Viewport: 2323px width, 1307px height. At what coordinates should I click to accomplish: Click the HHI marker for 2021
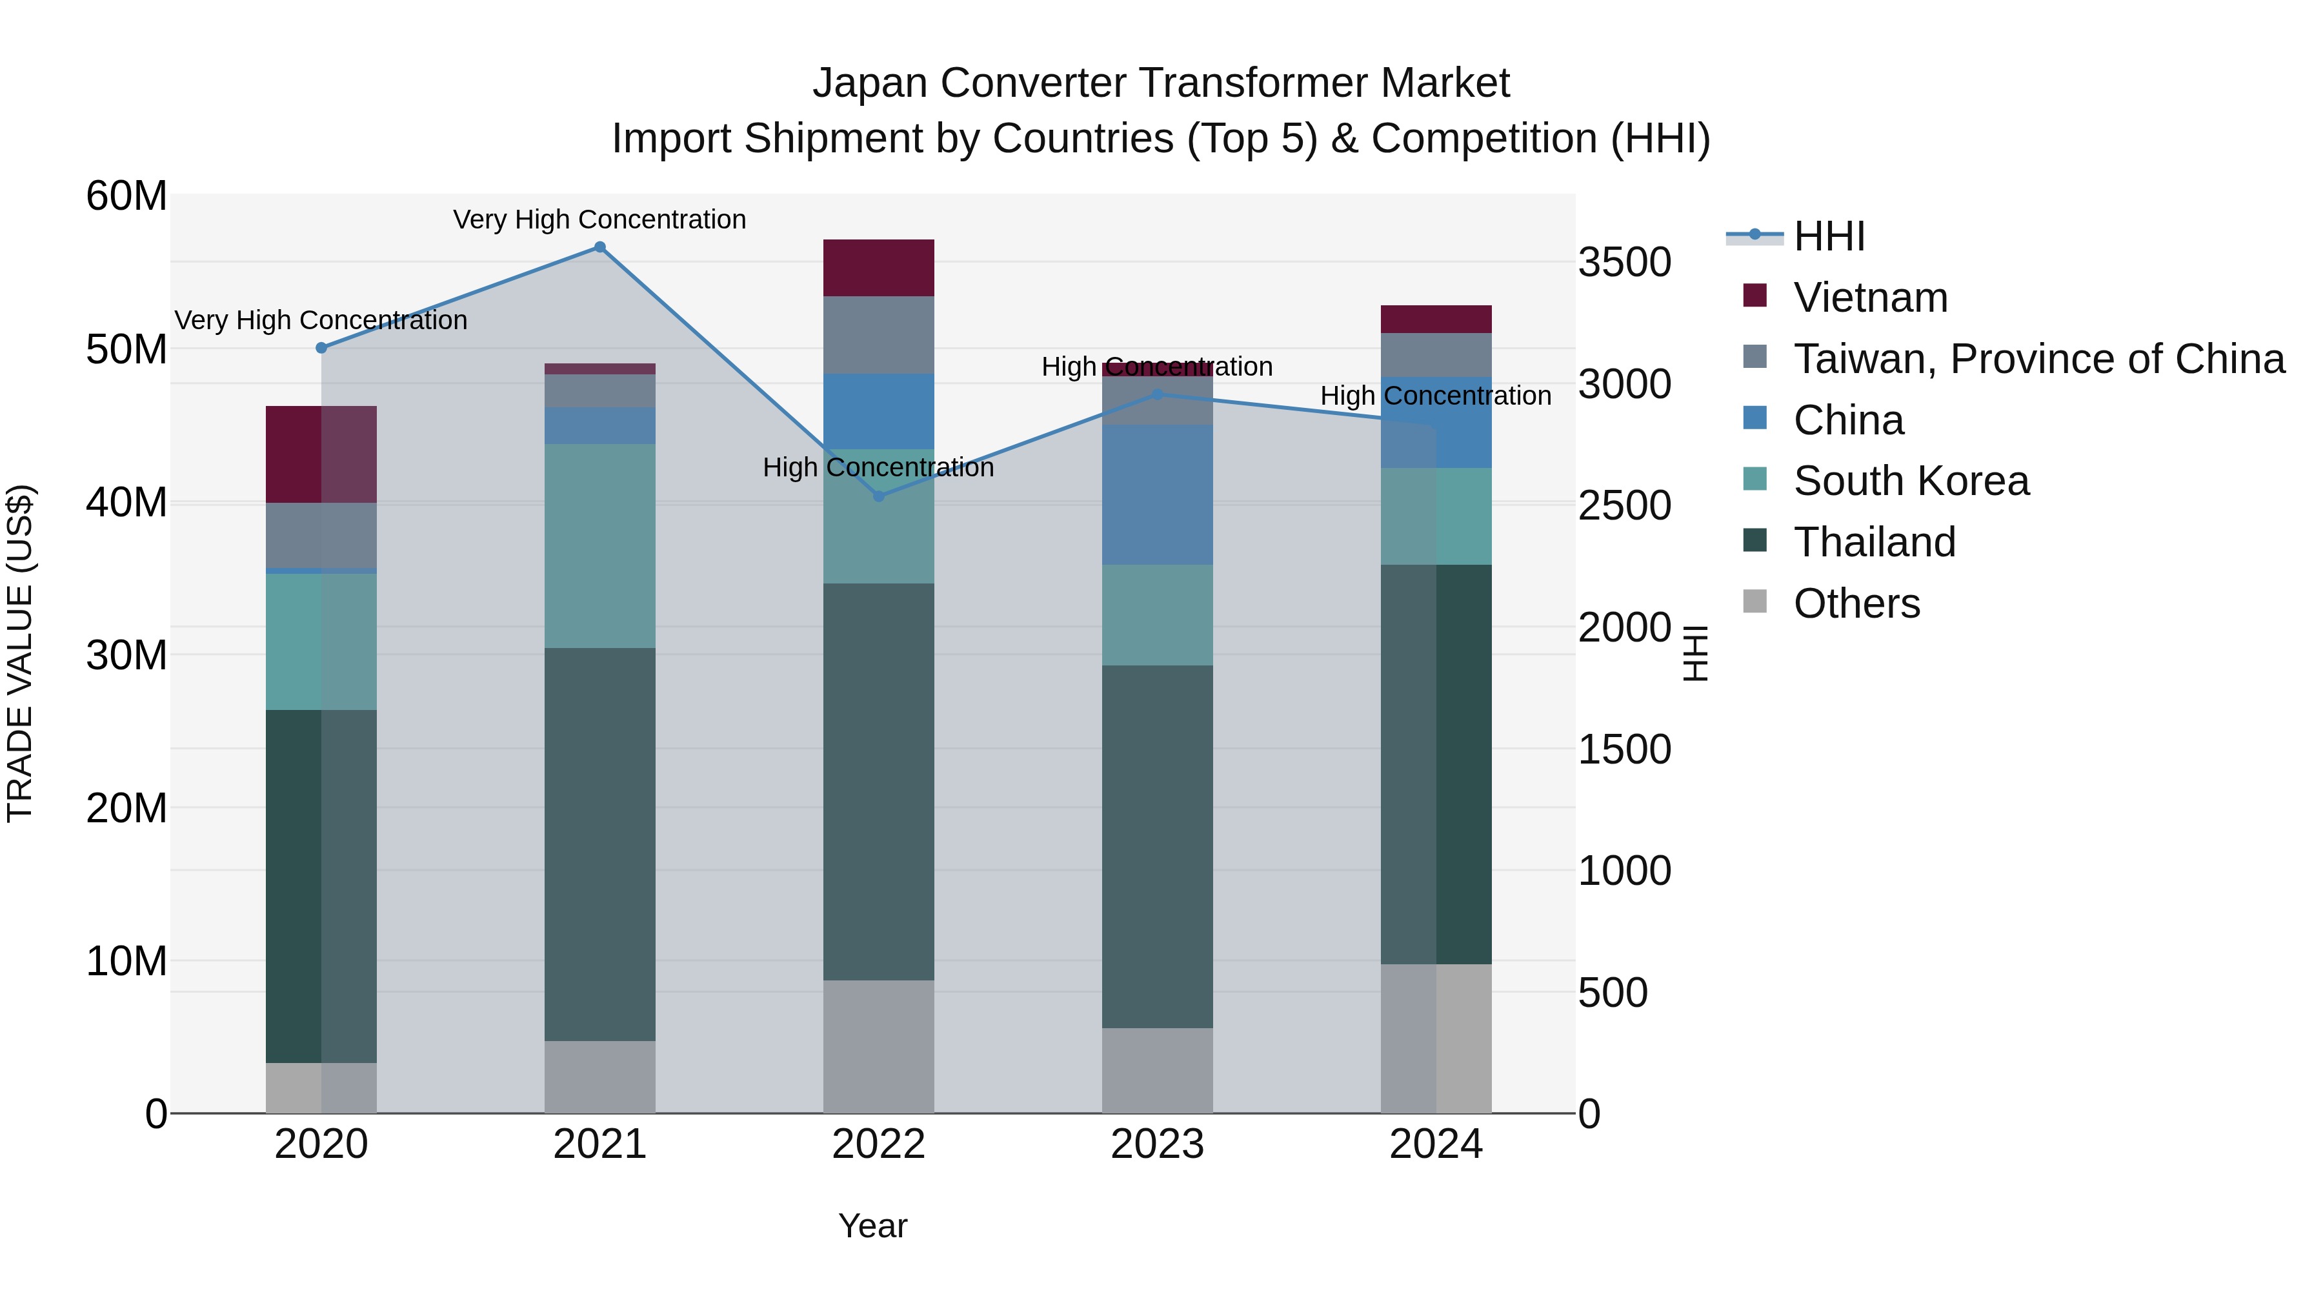[x=599, y=247]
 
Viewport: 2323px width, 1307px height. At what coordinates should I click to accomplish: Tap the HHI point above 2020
[x=321, y=348]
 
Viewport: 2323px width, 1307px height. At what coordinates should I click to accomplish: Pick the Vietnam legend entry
[x=1870, y=298]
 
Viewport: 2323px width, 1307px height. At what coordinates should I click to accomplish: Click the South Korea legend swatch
[x=1755, y=480]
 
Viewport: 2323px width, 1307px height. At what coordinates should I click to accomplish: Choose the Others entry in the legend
[x=1856, y=603]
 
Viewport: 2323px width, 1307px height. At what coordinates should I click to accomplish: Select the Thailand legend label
[x=1875, y=542]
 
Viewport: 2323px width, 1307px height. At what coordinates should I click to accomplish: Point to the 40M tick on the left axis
[x=126, y=502]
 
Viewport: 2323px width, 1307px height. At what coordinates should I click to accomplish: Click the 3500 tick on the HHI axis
[x=1624, y=263]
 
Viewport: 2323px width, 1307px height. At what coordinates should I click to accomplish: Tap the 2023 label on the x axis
[x=1157, y=1144]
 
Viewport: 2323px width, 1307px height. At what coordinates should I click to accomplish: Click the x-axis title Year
[x=872, y=1226]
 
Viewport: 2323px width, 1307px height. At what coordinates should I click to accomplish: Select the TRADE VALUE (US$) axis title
[x=20, y=653]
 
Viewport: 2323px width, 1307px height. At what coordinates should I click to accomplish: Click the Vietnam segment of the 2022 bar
[x=878, y=268]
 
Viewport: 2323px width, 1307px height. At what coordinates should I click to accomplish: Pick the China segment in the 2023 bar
[x=1157, y=494]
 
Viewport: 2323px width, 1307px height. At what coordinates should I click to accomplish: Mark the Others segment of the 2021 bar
[x=599, y=1077]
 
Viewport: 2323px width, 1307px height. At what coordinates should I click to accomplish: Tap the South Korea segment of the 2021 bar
[x=599, y=545]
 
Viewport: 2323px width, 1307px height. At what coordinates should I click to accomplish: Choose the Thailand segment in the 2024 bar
[x=1436, y=764]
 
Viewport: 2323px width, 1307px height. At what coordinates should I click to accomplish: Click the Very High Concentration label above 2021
[x=599, y=220]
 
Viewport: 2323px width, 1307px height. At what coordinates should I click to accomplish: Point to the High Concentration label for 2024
[x=1436, y=396]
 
